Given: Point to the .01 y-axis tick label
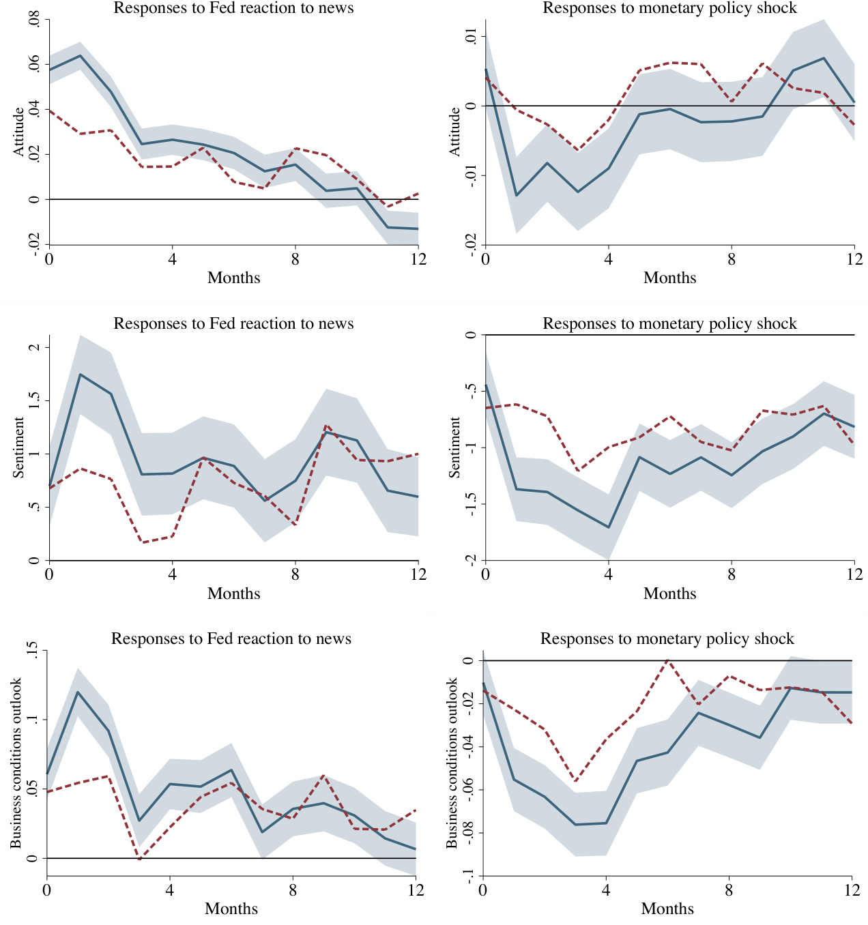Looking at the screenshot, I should [470, 36].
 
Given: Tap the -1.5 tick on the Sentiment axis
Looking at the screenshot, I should [470, 505].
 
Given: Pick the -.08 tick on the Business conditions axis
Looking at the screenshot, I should [468, 833].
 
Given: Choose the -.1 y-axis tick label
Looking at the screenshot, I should [468, 875].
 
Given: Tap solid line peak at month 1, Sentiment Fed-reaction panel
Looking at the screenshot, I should [80, 374].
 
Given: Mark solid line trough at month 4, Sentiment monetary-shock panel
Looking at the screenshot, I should [608, 527].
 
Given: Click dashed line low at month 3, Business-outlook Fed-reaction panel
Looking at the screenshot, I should [139, 860].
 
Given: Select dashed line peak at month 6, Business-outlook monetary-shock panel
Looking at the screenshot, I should [667, 660].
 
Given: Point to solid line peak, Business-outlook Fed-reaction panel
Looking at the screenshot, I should [77, 692].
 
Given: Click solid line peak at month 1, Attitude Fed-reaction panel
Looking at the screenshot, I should [80, 55].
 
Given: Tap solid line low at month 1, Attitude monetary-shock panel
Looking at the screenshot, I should [516, 196].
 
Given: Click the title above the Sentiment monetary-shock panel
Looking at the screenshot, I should [669, 323].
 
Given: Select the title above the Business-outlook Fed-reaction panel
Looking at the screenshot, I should [231, 638].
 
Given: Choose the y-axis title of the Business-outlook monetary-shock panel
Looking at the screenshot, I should [452, 763].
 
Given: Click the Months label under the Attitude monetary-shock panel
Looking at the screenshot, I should [669, 278].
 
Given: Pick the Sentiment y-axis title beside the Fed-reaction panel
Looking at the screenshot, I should [18, 447].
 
